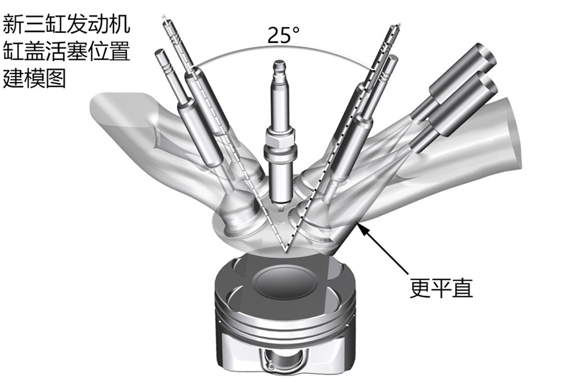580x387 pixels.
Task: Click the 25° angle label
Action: (283, 35)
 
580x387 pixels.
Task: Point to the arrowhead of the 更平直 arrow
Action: (361, 228)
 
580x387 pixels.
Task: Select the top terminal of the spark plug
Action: (280, 68)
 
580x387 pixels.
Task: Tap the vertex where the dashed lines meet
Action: (286, 252)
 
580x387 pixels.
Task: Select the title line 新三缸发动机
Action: (67, 24)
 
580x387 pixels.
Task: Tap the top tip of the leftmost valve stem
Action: (160, 53)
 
